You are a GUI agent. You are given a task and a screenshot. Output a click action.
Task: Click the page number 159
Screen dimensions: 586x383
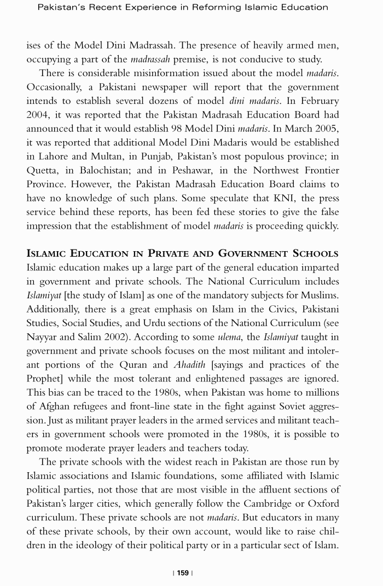click(x=183, y=573)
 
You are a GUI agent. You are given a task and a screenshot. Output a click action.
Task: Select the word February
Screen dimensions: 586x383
click(x=317, y=101)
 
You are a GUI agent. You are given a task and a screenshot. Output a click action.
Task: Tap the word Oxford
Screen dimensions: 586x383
click(x=323, y=504)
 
